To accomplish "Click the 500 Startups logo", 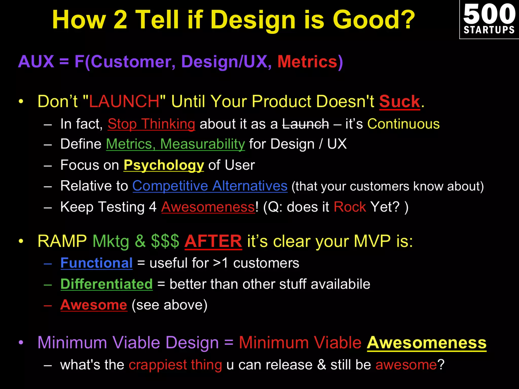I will tap(489, 19).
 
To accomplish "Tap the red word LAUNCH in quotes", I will tap(124, 102).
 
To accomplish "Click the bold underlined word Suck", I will tap(399, 102).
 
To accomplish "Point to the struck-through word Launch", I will tap(305, 124).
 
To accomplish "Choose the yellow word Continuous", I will tap(403, 124).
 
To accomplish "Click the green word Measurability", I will tap(202, 144).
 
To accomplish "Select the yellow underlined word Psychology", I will tap(164, 165).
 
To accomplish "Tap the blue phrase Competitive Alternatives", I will tap(210, 186).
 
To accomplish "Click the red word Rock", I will tap(350, 207).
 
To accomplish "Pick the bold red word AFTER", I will tap(213, 241).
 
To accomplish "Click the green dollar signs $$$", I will tap(165, 241).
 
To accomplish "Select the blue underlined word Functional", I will tap(97, 263).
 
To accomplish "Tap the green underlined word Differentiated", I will tap(106, 284).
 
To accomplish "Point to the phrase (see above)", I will tap(170, 305).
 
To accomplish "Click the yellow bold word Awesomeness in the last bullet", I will tap(427, 343).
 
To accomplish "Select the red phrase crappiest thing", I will tap(175, 365).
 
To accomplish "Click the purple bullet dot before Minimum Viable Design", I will tap(21, 343).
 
